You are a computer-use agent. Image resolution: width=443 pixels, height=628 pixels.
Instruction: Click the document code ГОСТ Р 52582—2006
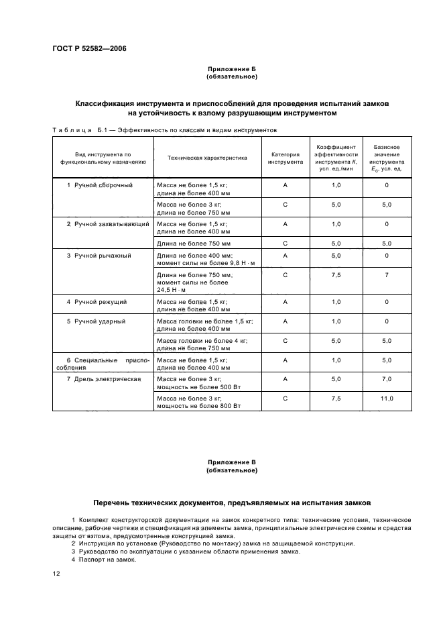pos(89,49)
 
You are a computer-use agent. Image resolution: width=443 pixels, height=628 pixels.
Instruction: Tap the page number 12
pos(56,574)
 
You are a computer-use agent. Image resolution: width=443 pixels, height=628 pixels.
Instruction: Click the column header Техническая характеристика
pos(207,158)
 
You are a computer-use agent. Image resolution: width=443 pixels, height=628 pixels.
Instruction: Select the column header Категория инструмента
pos(286,158)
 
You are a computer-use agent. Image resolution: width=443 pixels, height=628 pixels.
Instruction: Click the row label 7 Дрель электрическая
pos(103,379)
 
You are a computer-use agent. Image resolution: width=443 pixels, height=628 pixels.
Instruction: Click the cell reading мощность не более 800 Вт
pos(198,406)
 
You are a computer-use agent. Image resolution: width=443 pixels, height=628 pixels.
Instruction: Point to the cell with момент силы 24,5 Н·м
pos(194,282)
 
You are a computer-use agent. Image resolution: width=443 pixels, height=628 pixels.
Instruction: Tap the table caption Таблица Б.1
pos(75,130)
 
